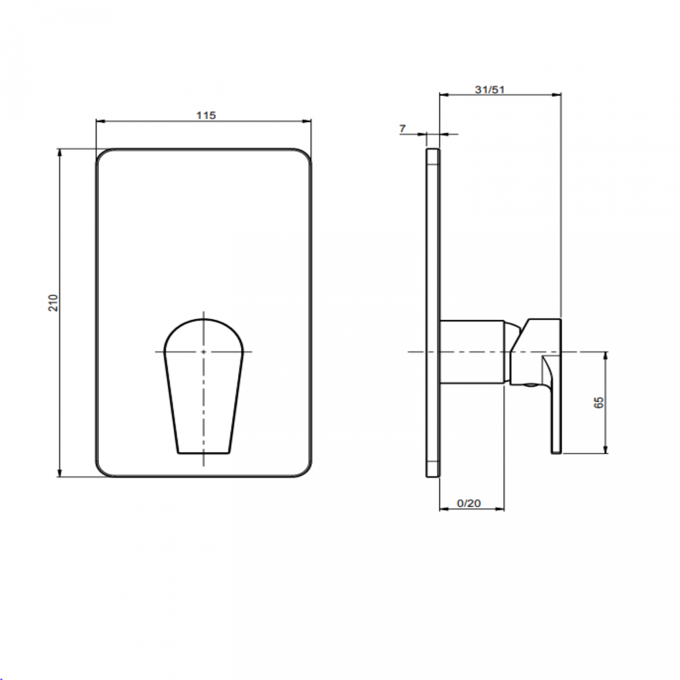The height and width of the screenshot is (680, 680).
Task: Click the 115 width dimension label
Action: coord(206,116)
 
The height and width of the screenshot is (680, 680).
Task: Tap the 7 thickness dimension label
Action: coord(402,128)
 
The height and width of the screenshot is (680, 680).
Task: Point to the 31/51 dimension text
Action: coord(489,89)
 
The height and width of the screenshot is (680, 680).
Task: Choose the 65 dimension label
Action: coord(599,402)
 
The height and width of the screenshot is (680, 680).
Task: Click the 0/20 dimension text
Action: coord(469,503)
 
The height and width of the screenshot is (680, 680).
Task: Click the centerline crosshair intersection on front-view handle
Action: coord(203,352)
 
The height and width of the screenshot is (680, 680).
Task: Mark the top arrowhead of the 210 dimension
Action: coord(60,152)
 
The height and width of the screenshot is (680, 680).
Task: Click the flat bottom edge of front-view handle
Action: coord(204,452)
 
